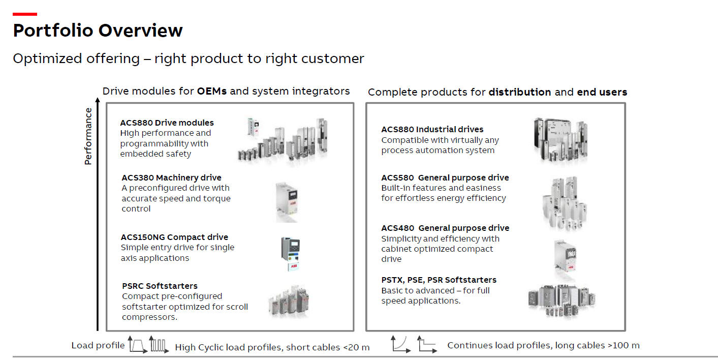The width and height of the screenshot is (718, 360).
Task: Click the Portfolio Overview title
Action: tap(98, 31)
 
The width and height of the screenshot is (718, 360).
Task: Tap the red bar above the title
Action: tap(24, 14)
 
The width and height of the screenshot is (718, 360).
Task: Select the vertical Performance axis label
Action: tap(88, 136)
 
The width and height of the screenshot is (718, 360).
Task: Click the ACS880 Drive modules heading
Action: tap(167, 123)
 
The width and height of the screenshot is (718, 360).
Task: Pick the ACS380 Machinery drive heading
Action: tap(171, 177)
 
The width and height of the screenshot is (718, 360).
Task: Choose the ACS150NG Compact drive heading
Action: tap(174, 237)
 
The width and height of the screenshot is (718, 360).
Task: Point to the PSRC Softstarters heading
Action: tap(160, 286)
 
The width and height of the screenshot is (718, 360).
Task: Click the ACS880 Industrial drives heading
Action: tap(432, 129)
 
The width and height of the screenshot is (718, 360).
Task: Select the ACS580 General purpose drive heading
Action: tap(445, 177)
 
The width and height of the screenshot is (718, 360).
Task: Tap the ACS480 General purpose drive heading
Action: tap(445, 228)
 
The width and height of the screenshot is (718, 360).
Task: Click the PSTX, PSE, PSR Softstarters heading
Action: tap(439, 280)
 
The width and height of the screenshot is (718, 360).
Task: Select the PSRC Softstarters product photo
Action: tap(288, 301)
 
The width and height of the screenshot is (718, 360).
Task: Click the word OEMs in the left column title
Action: tap(212, 91)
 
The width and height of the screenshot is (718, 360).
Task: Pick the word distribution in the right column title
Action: tap(519, 92)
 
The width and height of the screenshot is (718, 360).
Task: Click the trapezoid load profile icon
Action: tap(137, 345)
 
